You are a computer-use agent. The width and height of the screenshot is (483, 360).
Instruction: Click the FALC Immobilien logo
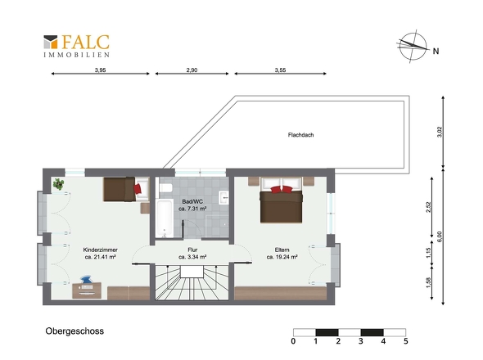(x=76, y=46)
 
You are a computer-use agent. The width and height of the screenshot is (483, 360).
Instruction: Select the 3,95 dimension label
(x=100, y=70)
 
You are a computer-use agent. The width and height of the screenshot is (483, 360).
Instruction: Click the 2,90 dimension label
(x=192, y=70)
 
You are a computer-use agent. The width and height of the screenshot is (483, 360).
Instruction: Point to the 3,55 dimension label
(x=280, y=70)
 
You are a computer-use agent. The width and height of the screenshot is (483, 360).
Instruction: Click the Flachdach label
(x=300, y=135)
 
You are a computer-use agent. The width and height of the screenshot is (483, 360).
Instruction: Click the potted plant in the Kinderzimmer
(x=58, y=184)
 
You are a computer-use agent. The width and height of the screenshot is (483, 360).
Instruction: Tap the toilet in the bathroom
(x=165, y=187)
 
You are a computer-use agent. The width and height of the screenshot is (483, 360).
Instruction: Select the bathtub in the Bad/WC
(x=165, y=218)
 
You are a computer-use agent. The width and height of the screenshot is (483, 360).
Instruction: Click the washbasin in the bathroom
(x=224, y=197)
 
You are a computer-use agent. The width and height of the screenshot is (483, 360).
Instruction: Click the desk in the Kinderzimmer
(x=87, y=290)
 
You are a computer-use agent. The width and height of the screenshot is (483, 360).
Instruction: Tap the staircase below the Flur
(x=192, y=282)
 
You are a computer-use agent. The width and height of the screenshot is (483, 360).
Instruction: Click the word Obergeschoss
(x=74, y=331)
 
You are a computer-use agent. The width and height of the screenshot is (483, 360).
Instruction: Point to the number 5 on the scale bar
(x=406, y=341)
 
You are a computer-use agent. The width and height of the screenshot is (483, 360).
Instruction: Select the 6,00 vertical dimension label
(x=440, y=236)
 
